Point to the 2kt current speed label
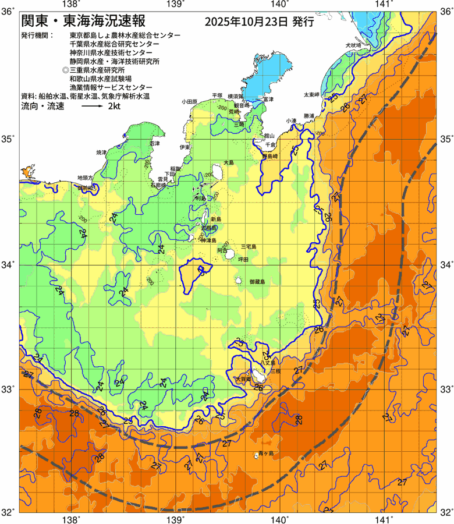[114, 107]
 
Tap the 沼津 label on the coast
[154, 143]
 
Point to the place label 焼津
[101, 152]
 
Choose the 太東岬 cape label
[311, 94]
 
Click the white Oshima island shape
[219, 172]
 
